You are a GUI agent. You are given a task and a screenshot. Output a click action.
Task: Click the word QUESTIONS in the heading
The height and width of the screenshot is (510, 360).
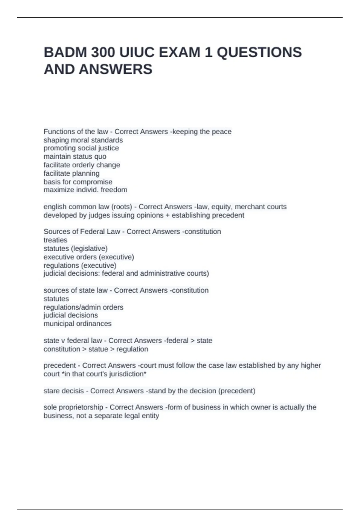point(259,52)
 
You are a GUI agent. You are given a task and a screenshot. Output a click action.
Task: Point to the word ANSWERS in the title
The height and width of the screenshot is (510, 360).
point(115,69)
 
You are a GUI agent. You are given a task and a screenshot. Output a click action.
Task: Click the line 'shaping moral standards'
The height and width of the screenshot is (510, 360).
point(83,140)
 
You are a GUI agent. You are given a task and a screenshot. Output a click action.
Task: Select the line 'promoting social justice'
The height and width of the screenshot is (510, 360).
point(81,148)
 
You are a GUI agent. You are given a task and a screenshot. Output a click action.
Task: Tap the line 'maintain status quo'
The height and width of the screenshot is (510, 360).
point(75,157)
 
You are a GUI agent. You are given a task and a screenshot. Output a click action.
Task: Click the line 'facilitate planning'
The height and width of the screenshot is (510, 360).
point(71,173)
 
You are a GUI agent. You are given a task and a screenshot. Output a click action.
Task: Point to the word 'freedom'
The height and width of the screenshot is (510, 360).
point(114,190)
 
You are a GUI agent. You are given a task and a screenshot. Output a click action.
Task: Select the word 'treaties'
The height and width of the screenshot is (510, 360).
point(55,240)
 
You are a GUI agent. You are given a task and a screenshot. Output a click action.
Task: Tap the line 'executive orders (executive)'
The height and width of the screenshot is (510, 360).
point(89,257)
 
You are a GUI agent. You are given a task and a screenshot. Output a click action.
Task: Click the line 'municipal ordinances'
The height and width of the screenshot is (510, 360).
point(77,324)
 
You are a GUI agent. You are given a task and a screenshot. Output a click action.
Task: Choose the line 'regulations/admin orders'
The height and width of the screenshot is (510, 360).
point(83,307)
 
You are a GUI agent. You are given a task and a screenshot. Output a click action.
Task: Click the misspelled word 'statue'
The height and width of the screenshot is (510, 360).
point(98,349)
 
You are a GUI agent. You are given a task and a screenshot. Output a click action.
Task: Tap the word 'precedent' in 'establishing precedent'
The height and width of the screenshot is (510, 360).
point(228,215)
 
